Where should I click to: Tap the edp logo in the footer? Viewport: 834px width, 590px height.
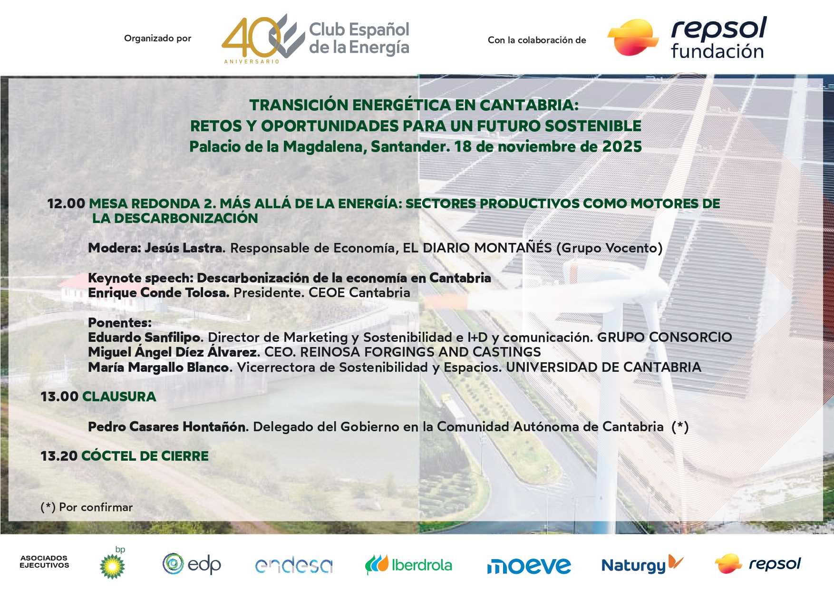(x=192, y=564)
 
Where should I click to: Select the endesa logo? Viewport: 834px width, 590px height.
(x=293, y=565)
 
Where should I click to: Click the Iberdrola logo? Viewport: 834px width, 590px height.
(x=408, y=565)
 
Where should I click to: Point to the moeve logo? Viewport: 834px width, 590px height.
(x=528, y=566)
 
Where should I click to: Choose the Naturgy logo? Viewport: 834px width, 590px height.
(x=642, y=565)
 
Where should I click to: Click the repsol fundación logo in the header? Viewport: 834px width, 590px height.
(x=688, y=39)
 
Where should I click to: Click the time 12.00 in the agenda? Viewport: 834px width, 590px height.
(x=66, y=203)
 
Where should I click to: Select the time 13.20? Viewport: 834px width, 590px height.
(x=59, y=456)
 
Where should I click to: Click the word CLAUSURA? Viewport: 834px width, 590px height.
(x=119, y=397)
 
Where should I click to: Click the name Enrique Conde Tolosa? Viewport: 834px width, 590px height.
(x=159, y=292)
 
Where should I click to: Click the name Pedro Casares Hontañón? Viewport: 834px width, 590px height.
(x=168, y=426)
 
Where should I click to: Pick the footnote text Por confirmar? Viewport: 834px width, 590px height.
(x=96, y=507)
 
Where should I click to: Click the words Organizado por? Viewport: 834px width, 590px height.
(x=157, y=39)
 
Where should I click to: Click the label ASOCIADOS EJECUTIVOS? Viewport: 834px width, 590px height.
(x=44, y=561)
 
